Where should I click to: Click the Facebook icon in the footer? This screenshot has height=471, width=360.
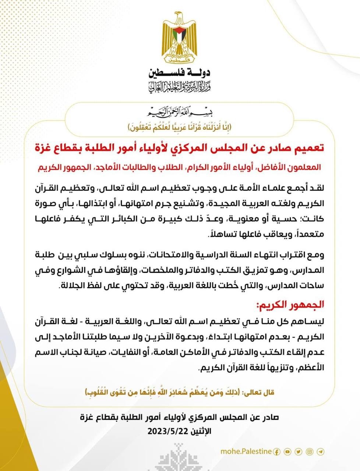pos(277,451)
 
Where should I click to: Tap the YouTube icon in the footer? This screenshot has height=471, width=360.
pos(287,451)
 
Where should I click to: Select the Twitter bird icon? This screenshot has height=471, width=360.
pos(299,451)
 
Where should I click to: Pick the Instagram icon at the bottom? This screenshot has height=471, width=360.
pos(310,451)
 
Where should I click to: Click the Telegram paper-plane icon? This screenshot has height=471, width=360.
pos(321,451)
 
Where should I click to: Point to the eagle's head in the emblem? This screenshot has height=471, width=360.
pos(179,17)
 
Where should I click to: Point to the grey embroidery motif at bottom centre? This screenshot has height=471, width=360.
pos(180,456)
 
